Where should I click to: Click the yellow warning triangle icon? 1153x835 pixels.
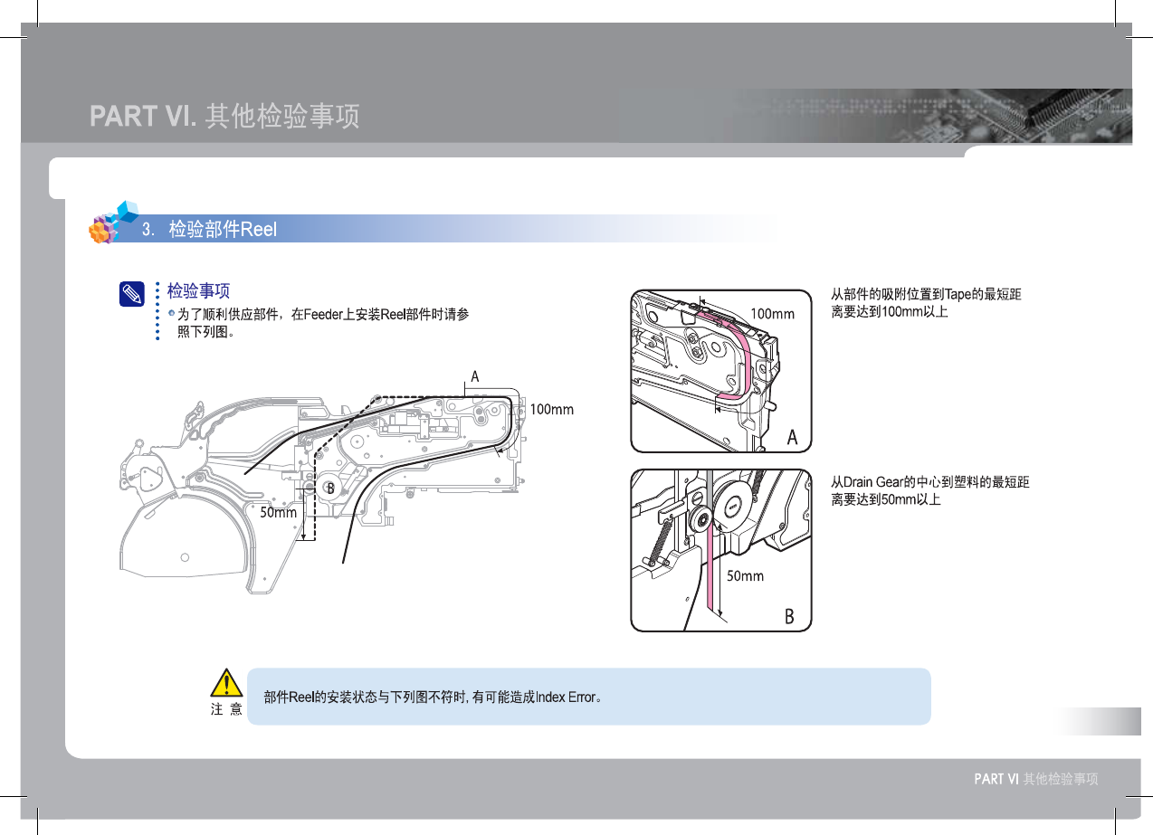226,685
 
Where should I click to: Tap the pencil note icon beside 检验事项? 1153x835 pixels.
131,293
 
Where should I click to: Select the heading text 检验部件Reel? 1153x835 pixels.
223,230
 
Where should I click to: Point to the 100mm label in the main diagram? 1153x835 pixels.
551,410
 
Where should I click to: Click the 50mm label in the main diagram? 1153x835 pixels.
279,511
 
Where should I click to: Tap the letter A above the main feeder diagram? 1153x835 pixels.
474,376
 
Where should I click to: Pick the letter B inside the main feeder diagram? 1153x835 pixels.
331,489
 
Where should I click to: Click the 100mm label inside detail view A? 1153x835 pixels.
772,314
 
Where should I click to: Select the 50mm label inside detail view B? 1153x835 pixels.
746,576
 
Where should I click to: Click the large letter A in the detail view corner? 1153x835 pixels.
792,437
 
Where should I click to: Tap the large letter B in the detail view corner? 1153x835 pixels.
789,617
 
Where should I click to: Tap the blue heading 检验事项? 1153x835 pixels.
198,290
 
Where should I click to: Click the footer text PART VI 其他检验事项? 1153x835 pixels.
1035,779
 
